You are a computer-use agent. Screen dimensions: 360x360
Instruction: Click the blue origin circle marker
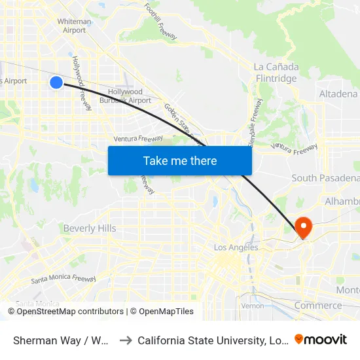[56, 82]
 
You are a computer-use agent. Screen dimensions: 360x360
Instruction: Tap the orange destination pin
[304, 227]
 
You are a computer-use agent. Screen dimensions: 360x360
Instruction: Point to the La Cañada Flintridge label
[276, 73]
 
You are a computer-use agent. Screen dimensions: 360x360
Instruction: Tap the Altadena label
[338, 94]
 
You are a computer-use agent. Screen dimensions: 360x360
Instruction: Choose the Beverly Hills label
[90, 228]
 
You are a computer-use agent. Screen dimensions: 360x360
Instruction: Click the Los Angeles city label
[236, 247]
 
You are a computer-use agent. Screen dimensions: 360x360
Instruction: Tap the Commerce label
[317, 306]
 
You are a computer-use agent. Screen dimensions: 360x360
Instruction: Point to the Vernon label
[252, 306]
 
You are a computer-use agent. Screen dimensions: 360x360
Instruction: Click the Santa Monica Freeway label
[63, 279]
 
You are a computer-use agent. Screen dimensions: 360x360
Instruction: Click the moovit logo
[321, 339]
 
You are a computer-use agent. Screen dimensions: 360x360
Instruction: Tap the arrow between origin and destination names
[126, 340]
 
